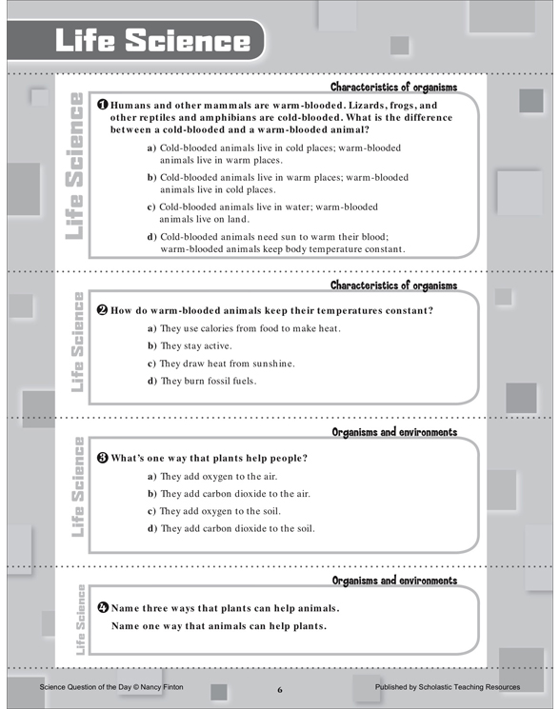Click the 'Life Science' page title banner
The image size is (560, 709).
135,40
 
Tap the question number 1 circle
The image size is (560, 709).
103,105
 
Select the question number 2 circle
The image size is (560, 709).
103,310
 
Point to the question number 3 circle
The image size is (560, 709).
103,458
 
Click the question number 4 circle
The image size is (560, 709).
103,607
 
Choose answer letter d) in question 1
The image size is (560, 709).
151,237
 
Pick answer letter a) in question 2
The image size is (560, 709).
151,328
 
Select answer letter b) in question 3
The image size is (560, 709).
152,494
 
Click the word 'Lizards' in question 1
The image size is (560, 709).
368,106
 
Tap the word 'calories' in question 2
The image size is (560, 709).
217,328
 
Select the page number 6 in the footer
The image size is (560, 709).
280,690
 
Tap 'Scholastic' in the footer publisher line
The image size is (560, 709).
436,687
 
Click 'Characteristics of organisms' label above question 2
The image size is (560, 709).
393,286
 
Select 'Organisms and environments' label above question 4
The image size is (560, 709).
394,581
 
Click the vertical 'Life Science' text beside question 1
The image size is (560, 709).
74,166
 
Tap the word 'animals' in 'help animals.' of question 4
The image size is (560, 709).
316,608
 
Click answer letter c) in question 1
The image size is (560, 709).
151,207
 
